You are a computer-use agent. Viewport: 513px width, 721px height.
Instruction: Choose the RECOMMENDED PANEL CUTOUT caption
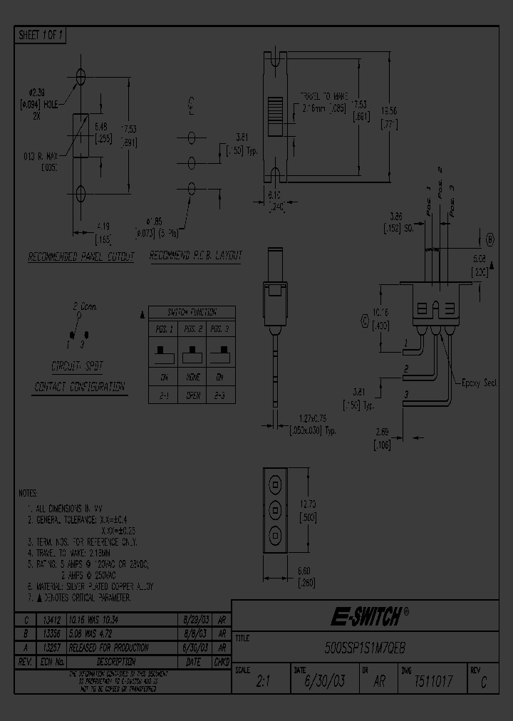pos(81,256)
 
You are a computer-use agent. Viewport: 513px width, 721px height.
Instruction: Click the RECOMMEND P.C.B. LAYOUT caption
pos(196,255)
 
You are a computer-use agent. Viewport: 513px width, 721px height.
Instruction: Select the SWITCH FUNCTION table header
pos(191,312)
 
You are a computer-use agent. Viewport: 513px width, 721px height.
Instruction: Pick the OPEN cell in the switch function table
pos(192,395)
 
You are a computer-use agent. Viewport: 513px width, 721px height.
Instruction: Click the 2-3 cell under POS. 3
pos(221,395)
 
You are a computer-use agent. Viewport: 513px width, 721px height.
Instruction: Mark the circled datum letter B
pos(490,239)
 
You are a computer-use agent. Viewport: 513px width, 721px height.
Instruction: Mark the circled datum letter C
pos(365,322)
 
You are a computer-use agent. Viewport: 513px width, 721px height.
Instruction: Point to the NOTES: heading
pos(29,493)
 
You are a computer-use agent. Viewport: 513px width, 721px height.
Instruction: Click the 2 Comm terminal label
pos(85,306)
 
